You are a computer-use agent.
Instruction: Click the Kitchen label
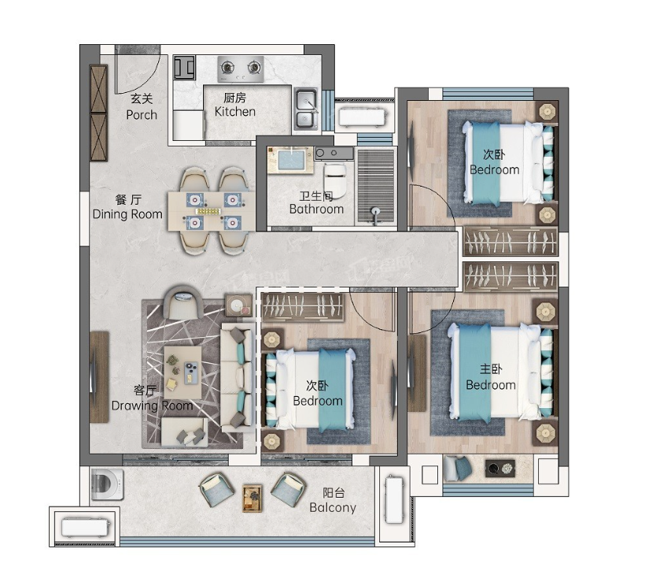point(235,112)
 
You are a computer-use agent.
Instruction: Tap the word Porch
point(142,115)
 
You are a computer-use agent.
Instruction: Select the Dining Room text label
point(127,214)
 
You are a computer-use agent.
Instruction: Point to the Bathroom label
point(316,209)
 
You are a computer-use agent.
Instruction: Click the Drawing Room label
point(152,406)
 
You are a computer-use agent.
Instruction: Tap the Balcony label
point(333,508)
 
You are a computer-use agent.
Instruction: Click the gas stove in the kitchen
point(241,69)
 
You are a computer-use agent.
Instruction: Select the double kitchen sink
point(306,109)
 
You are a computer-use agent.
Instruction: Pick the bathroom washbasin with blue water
point(291,159)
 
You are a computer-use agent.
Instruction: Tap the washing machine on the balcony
point(106,484)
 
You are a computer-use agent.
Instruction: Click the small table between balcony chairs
point(252,498)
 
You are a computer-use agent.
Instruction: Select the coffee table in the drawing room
point(182,372)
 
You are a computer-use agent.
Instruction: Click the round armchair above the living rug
point(182,302)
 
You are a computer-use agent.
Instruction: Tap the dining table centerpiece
point(208,212)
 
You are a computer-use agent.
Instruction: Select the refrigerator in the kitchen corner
point(184,68)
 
